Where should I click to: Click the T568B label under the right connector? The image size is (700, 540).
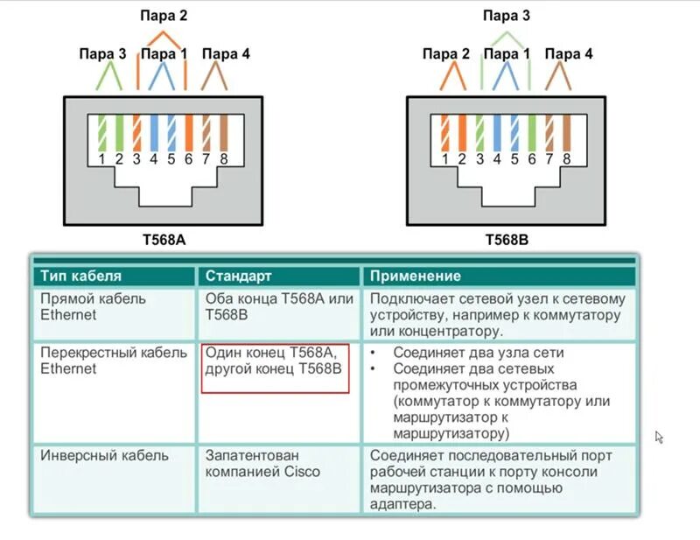[x=507, y=238]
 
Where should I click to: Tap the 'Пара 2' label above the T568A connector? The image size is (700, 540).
[x=164, y=16]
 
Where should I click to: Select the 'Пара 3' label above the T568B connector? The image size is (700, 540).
[x=507, y=16]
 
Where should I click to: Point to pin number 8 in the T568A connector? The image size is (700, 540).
[x=224, y=159]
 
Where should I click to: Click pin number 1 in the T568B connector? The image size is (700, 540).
[x=444, y=159]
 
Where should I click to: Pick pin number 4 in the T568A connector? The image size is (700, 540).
[x=154, y=159]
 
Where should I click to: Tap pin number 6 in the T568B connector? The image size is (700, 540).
[x=531, y=159]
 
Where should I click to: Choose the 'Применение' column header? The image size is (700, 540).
[x=416, y=277]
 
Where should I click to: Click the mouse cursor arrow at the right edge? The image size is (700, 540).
[x=659, y=436]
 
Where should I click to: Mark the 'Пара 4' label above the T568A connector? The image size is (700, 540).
[x=226, y=54]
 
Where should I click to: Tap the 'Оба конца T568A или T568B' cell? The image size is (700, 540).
[x=278, y=306]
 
